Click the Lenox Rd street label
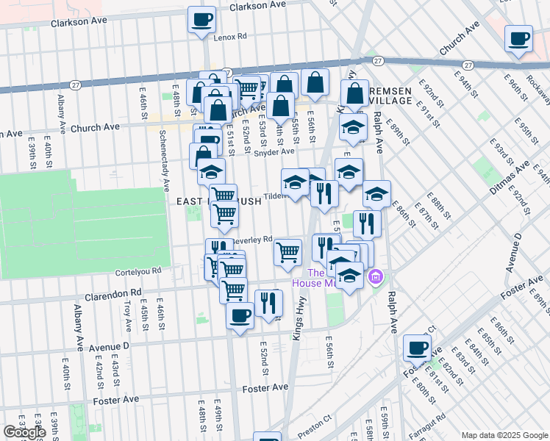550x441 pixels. (229, 36)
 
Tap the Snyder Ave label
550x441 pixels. (274, 152)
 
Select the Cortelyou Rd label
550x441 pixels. (137, 271)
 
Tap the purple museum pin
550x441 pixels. (376, 278)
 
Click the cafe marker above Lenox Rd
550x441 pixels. (201, 20)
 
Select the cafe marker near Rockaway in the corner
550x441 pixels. (518, 38)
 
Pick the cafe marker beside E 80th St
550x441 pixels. (417, 347)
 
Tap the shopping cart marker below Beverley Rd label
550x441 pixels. (287, 252)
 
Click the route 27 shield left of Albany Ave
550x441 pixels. (75, 86)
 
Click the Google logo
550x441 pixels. (24, 432)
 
